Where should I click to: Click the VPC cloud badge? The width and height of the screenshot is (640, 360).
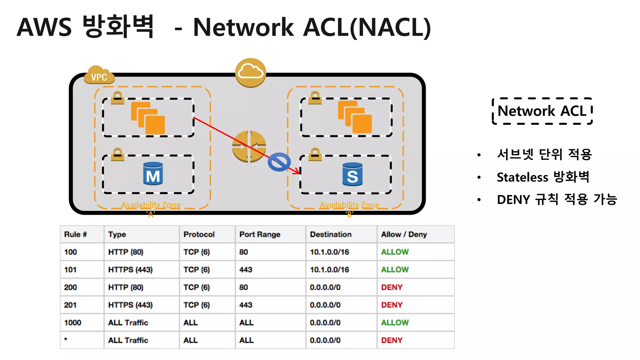[99, 76]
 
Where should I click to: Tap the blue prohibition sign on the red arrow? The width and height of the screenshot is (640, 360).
[279, 162]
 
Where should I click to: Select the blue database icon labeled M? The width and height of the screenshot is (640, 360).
[153, 174]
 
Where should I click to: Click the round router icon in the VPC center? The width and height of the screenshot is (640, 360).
[249, 147]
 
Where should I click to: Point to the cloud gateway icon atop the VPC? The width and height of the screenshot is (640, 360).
[250, 72]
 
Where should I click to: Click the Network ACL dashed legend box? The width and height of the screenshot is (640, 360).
[542, 111]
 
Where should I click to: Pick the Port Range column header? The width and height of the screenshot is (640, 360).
[260, 234]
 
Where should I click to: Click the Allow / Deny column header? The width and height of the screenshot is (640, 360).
[404, 234]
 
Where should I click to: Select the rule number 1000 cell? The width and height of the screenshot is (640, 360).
[72, 322]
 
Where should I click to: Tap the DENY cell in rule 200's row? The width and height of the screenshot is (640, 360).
[392, 287]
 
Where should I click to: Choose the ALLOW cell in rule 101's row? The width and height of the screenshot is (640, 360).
[395, 269]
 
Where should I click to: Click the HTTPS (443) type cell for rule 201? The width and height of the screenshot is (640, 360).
[130, 305]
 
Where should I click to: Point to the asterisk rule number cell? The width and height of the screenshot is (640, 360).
[66, 339]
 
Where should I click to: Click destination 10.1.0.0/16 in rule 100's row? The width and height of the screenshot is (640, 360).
[329, 252]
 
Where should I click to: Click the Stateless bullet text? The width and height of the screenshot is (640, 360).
[543, 177]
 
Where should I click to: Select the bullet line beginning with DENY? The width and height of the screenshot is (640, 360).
[557, 199]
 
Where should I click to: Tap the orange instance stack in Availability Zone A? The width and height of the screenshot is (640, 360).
[148, 118]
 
